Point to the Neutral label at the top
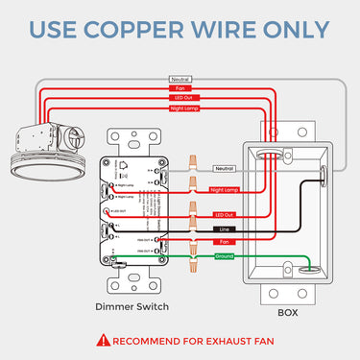pos(180,79)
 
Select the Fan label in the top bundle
pos(180,89)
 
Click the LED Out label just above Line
pos(223,214)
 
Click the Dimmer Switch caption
pos(133,306)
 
